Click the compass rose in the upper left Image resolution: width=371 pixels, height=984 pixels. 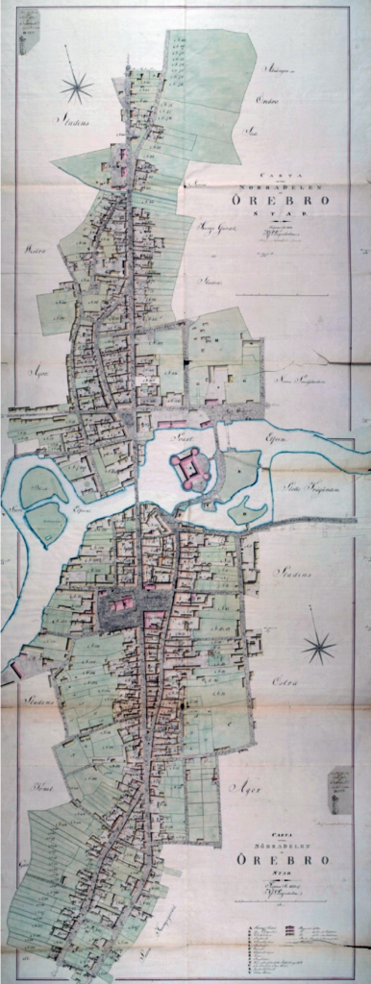[76, 87]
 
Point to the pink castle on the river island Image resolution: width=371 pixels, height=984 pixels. [189, 467]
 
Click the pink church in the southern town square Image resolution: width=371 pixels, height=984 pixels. [121, 604]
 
